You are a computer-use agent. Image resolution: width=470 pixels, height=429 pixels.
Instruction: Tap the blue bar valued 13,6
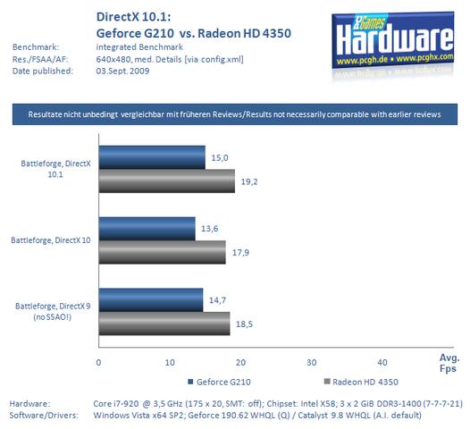point(146,229)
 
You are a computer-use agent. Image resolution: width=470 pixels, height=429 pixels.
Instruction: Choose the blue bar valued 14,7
point(150,300)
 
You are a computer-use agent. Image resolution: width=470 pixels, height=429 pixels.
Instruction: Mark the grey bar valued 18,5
point(164,323)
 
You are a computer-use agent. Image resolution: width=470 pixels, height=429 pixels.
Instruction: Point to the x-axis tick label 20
point(239,362)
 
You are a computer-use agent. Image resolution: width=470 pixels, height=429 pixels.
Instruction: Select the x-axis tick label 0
point(98,362)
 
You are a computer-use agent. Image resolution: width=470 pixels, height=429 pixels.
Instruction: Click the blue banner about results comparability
point(235,114)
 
